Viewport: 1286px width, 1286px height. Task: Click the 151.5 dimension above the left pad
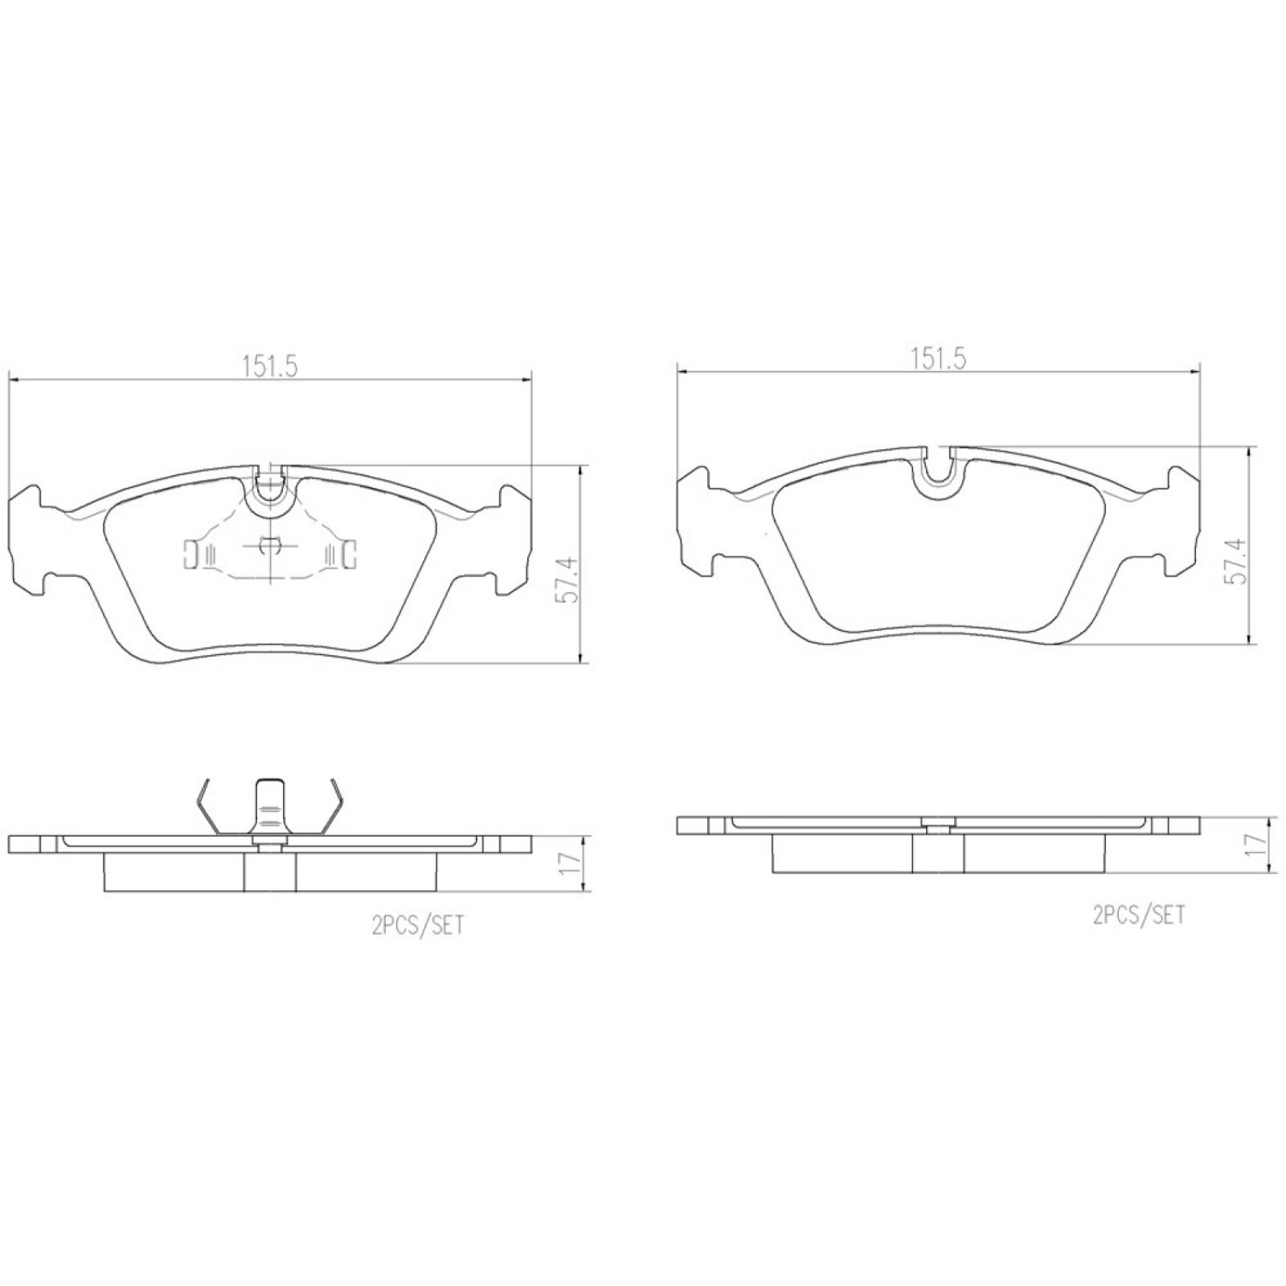(x=270, y=367)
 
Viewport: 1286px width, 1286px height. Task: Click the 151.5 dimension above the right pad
(x=937, y=358)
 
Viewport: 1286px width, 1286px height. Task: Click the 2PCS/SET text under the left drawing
(x=417, y=925)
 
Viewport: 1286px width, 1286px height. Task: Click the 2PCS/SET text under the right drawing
(x=1138, y=914)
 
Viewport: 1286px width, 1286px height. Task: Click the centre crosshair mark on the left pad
(x=270, y=547)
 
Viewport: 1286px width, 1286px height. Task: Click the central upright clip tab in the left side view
(x=270, y=807)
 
